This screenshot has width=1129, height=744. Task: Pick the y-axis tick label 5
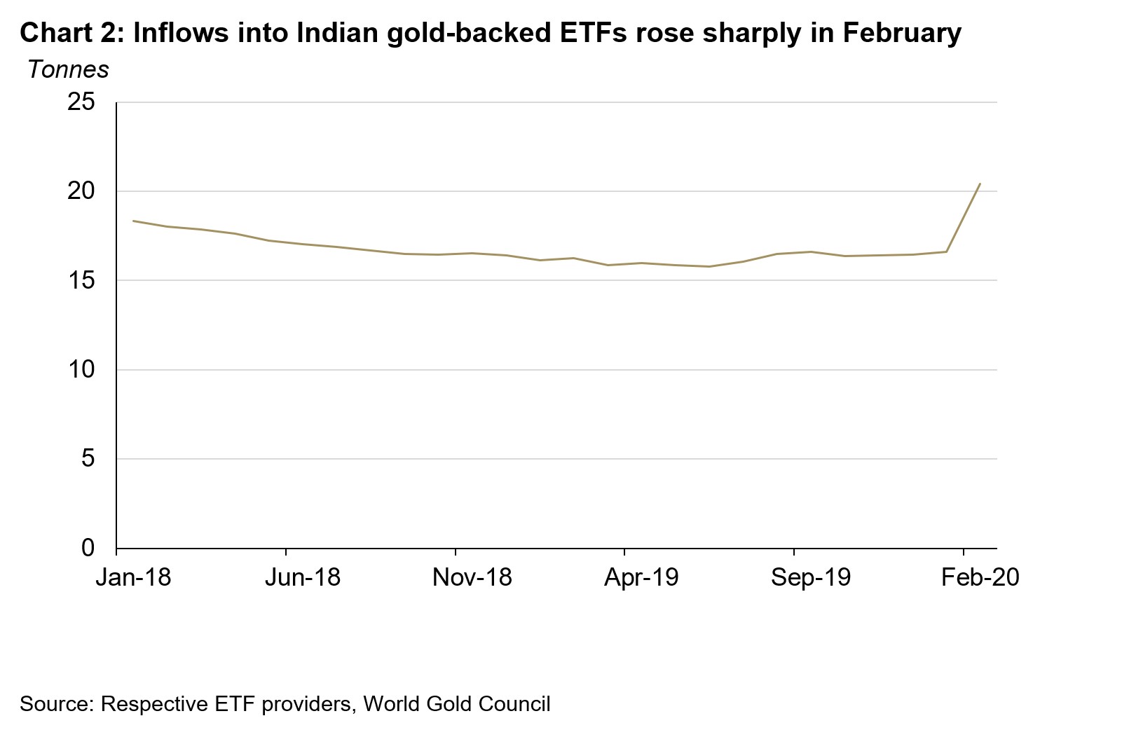pyautogui.click(x=88, y=459)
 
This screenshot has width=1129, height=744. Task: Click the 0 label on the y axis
pyautogui.click(x=88, y=548)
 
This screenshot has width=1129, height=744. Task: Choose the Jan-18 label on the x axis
pyautogui.click(x=133, y=577)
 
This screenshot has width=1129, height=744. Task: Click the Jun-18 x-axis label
pyautogui.click(x=303, y=577)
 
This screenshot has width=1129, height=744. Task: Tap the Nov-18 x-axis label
pyautogui.click(x=472, y=577)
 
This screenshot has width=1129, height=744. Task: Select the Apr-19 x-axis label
pyautogui.click(x=641, y=577)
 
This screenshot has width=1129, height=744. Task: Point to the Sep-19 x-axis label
pyautogui.click(x=811, y=577)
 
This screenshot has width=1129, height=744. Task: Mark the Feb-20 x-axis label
pyautogui.click(x=980, y=577)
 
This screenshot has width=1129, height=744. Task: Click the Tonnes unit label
pyautogui.click(x=68, y=69)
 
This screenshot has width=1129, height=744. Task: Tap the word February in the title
pyautogui.click(x=902, y=32)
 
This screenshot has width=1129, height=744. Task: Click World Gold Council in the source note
pyautogui.click(x=457, y=703)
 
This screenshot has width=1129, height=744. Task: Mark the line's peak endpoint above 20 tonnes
pyautogui.click(x=980, y=184)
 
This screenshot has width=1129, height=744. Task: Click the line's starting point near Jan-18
pyautogui.click(x=133, y=221)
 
